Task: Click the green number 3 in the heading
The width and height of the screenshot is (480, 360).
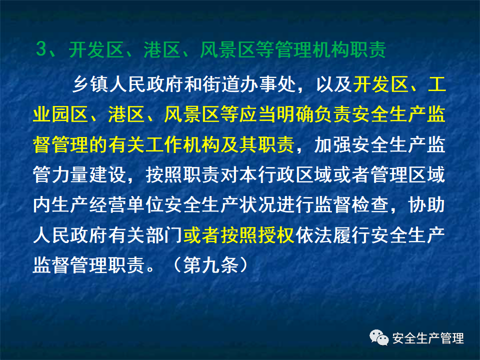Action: pyautogui.click(x=41, y=49)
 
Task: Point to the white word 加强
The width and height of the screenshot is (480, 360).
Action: pyautogui.click(x=333, y=144)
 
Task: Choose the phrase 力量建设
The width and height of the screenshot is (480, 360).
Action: pyautogui.click(x=89, y=174)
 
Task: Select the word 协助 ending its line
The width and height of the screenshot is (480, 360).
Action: pyautogui.click(x=427, y=204)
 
